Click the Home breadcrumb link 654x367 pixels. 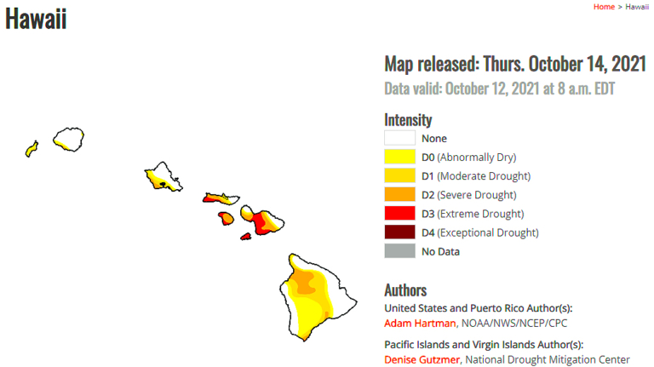point(604,7)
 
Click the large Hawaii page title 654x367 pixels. point(36,19)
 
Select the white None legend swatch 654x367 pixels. point(399,138)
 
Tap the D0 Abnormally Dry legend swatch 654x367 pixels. point(399,157)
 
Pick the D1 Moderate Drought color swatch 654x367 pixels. point(399,175)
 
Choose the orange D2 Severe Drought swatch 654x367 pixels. point(399,194)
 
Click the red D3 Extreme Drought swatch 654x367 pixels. point(399,213)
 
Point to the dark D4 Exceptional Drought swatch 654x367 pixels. point(399,232)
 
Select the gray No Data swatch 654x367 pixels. point(399,251)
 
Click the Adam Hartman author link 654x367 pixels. point(420,323)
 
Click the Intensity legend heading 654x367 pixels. point(408,120)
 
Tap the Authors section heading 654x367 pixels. point(405,290)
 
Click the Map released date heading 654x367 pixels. point(515,64)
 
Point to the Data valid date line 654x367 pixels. point(500,89)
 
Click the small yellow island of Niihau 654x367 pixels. point(32,149)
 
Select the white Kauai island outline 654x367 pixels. point(68,138)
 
